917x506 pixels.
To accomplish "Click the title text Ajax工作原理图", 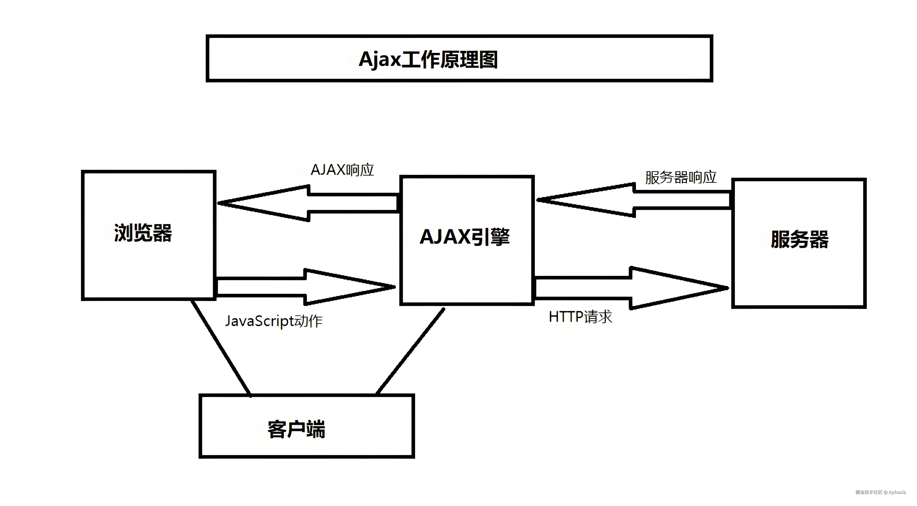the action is click(x=428, y=59).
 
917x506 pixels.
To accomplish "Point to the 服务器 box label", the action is click(x=800, y=239).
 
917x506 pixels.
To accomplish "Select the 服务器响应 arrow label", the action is click(x=681, y=177).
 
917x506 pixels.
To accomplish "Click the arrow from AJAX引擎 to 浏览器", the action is click(x=308, y=203).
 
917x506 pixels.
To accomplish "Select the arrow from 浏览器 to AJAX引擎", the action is click(x=305, y=287).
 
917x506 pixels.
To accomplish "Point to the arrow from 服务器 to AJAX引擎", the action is click(x=634, y=200).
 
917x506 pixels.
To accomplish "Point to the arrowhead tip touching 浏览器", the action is click(x=218, y=203).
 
